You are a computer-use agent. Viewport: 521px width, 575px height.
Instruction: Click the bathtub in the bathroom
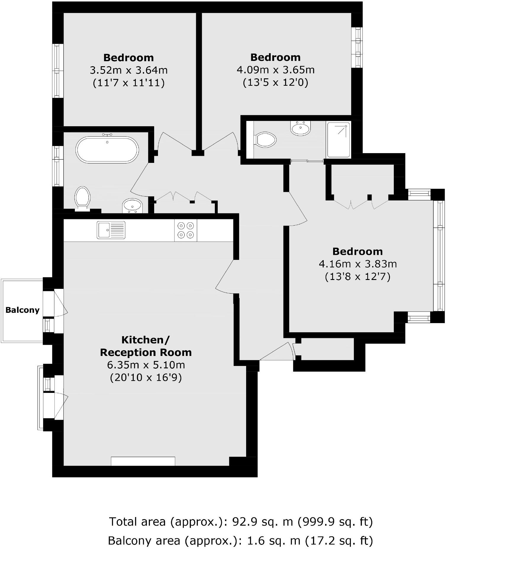point(107,150)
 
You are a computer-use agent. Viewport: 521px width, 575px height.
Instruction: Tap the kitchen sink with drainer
point(111,230)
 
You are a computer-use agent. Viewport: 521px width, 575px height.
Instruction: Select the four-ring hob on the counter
point(186,230)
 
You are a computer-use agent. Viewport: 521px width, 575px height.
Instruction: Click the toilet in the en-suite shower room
point(265,140)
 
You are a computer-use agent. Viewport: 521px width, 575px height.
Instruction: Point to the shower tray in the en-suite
point(338,140)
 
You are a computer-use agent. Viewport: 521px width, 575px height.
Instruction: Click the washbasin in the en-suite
point(300,128)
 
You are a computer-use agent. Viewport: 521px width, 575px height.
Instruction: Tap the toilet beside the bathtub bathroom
point(82,197)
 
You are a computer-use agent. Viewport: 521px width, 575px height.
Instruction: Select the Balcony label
point(22,310)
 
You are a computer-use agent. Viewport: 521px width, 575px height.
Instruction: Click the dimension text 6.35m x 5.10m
point(146,365)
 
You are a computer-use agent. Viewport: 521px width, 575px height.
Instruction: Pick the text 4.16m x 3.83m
point(357,264)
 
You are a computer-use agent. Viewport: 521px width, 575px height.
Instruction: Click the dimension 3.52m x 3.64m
point(128,70)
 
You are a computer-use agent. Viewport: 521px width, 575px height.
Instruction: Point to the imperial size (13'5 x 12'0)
point(275,82)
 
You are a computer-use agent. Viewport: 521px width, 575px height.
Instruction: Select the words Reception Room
point(146,352)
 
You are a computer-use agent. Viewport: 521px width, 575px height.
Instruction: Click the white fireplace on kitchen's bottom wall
point(143,461)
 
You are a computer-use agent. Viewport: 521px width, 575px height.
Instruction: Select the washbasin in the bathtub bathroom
point(132,205)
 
